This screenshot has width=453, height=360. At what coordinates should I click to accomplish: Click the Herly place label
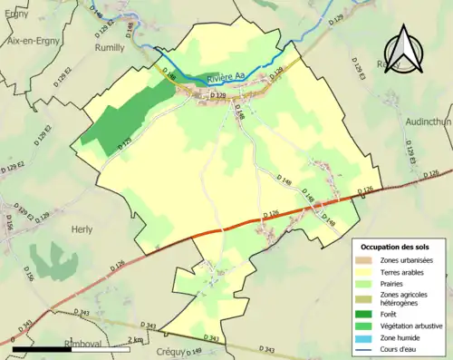coord(81,230)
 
